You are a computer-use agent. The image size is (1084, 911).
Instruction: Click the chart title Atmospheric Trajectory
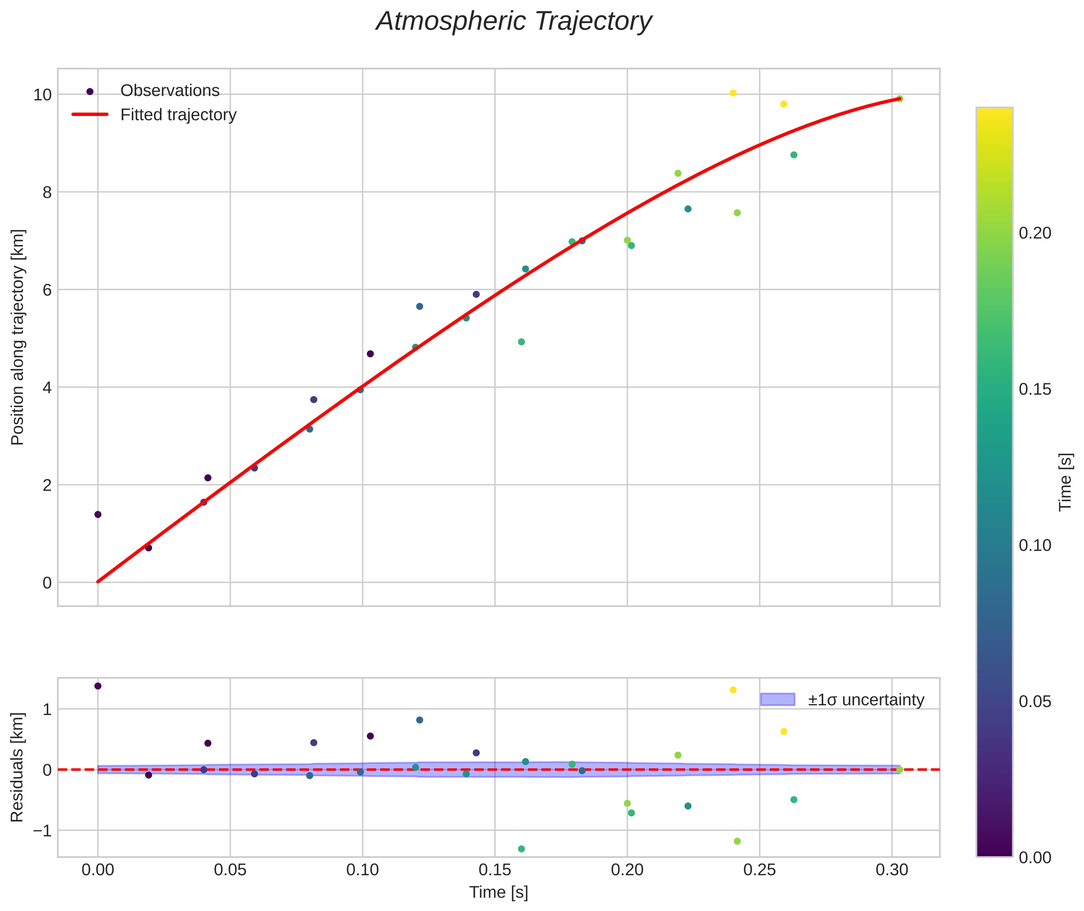[x=514, y=21]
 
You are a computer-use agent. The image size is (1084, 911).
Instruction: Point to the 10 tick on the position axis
[x=42, y=95]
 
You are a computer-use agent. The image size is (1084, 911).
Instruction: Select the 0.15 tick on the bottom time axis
[x=495, y=870]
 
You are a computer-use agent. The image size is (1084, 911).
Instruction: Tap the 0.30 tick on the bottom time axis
[x=892, y=870]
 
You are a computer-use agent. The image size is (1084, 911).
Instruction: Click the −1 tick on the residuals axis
[x=42, y=831]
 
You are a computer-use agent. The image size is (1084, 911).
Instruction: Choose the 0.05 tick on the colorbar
[x=1035, y=701]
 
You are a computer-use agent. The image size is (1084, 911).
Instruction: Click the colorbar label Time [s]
[x=1065, y=482]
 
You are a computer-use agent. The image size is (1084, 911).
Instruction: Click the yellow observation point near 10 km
[x=733, y=93]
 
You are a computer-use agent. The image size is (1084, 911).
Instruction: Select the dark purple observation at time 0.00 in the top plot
[x=98, y=514]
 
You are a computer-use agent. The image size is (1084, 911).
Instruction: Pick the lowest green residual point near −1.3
[x=521, y=849]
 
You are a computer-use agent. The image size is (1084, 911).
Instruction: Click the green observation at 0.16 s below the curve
[x=521, y=342]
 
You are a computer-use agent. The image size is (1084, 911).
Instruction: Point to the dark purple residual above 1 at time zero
[x=98, y=686]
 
